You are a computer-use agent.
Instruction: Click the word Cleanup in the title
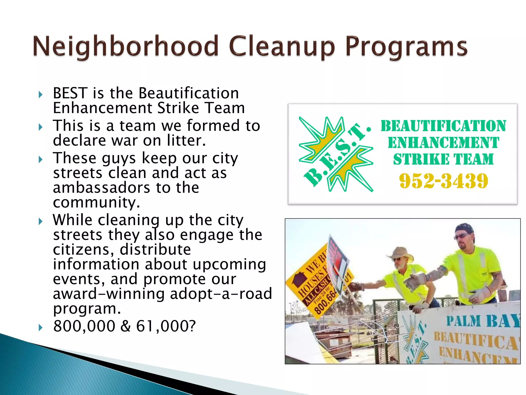[281, 46]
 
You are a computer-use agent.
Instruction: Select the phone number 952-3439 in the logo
[443, 181]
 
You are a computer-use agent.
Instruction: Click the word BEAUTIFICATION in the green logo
[443, 126]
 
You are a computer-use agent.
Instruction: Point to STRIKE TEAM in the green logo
[443, 159]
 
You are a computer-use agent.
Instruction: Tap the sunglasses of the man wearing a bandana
[462, 236]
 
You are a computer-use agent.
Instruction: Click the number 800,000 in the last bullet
[84, 326]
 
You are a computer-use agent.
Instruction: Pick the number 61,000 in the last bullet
[161, 326]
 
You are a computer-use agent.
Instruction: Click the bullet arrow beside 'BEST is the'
[40, 95]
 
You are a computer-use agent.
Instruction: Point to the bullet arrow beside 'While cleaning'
[40, 221]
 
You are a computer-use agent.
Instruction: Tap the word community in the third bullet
[96, 202]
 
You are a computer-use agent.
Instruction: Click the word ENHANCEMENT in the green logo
[443, 143]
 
